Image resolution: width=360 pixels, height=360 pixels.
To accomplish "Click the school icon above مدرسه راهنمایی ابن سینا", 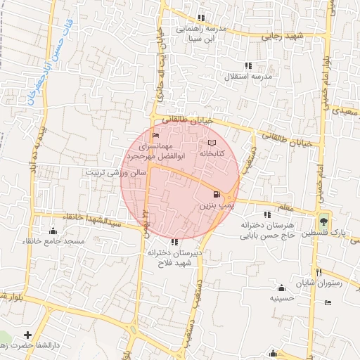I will pyautogui.click(x=202, y=18).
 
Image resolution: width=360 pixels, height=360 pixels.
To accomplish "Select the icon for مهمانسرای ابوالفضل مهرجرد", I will pyautogui.click(x=155, y=136).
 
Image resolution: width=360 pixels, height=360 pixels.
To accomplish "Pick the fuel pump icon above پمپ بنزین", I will pyautogui.click(x=215, y=195).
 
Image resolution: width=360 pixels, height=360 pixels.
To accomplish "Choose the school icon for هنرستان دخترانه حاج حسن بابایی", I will pyautogui.click(x=266, y=214).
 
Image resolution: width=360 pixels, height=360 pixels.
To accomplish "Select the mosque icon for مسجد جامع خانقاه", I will pyautogui.click(x=53, y=231).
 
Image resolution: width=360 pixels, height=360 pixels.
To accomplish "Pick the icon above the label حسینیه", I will pyautogui.click(x=282, y=287).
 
